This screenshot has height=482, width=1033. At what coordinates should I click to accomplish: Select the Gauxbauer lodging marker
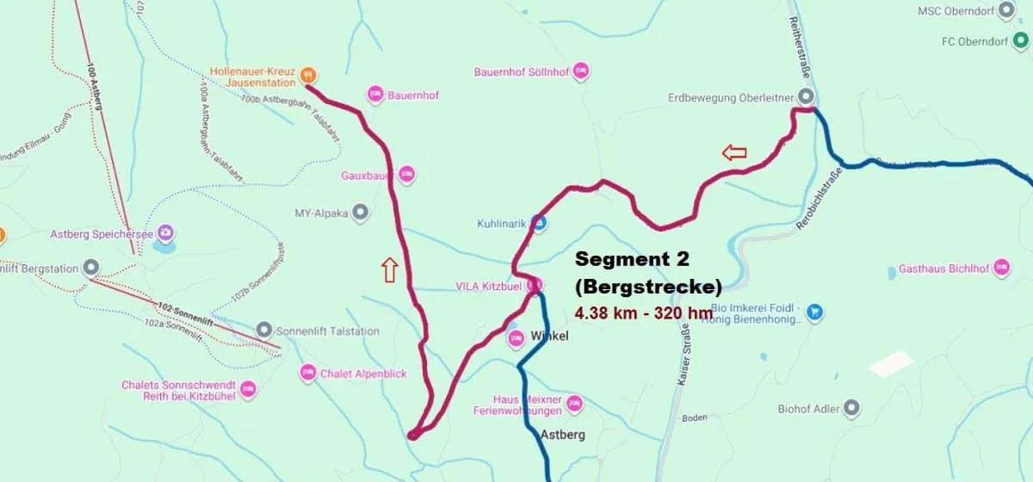click(406, 175)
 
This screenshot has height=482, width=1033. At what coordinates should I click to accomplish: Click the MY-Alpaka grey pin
click(361, 212)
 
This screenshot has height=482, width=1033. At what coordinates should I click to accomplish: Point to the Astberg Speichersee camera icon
click(165, 233)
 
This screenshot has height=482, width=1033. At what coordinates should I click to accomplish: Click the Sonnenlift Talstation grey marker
click(264, 331)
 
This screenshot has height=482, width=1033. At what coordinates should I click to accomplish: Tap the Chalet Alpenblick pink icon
click(308, 373)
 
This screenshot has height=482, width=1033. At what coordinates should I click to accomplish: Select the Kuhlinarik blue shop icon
click(538, 224)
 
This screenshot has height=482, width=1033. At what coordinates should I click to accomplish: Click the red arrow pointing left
click(734, 153)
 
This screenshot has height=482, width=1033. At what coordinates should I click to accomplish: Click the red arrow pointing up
click(389, 270)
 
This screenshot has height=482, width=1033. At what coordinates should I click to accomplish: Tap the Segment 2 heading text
click(632, 258)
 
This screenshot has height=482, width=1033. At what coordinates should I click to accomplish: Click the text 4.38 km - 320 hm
click(643, 313)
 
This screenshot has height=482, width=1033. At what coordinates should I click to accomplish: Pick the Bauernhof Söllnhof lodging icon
click(581, 71)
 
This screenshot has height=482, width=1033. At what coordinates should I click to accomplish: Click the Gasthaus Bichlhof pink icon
click(1001, 268)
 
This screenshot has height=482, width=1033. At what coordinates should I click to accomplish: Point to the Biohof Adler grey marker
click(852, 408)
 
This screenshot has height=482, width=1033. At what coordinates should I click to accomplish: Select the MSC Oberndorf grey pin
click(1006, 11)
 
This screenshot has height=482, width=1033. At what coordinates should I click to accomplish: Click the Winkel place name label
click(550, 336)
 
